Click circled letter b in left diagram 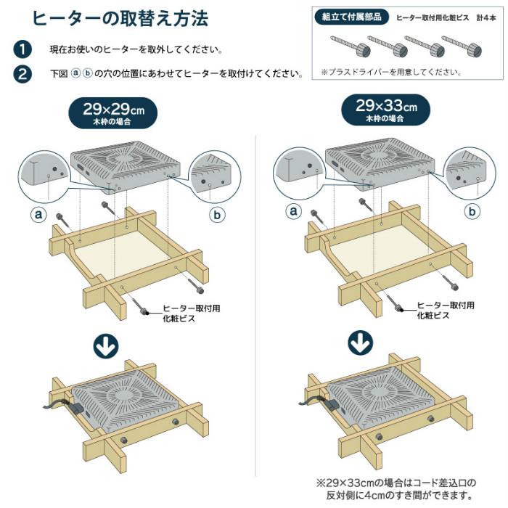(216, 215)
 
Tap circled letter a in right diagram (293, 211)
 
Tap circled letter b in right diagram (472, 211)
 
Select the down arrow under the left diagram (106, 346)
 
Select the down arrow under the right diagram (359, 343)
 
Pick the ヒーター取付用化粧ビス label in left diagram (190, 313)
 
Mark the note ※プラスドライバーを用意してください (390, 73)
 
